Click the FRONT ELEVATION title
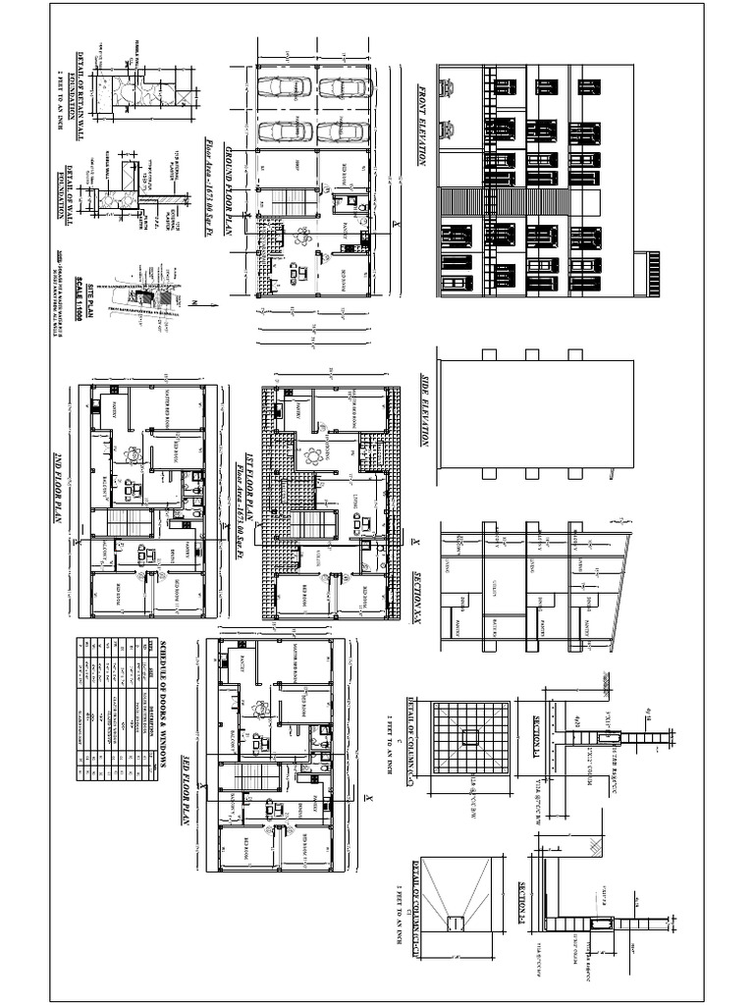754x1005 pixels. click(423, 125)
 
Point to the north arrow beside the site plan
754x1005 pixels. click(192, 302)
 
